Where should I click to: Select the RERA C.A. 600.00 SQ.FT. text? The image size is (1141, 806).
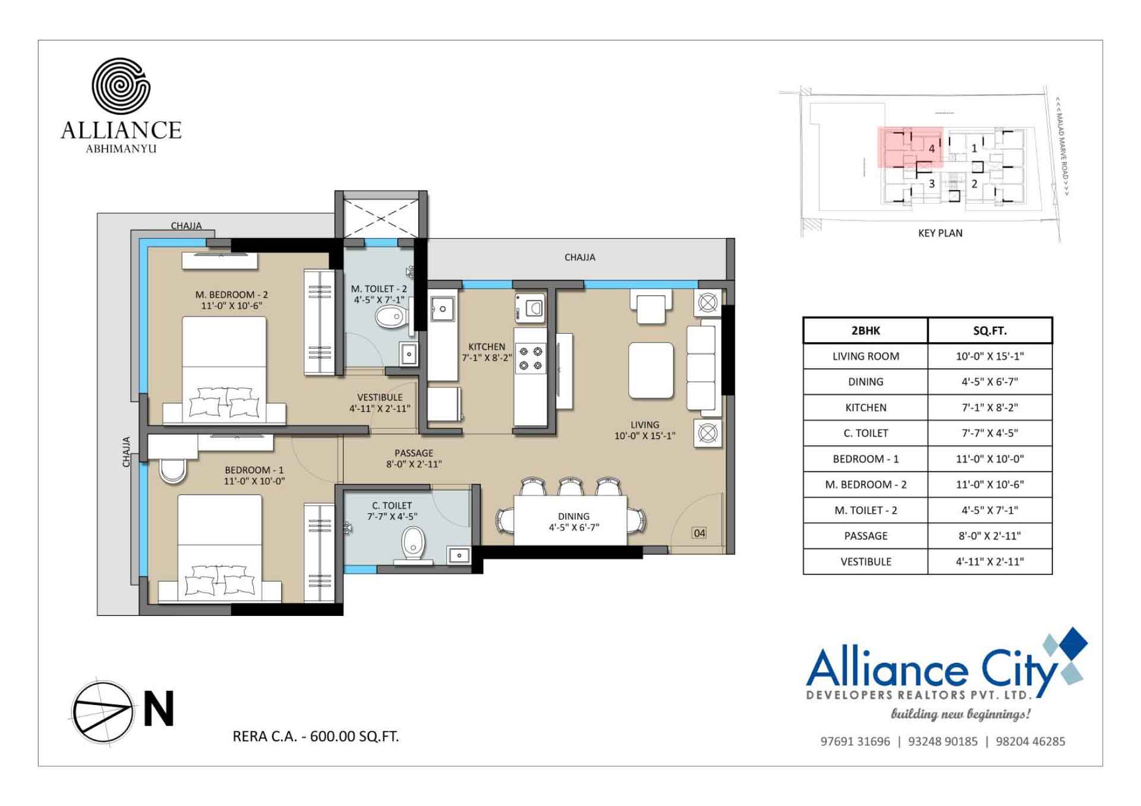click(316, 737)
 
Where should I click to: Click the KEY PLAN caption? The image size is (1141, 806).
click(940, 233)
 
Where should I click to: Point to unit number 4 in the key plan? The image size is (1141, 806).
click(932, 148)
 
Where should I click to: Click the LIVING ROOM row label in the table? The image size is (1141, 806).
click(865, 356)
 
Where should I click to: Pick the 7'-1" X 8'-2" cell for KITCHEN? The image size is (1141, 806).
click(989, 407)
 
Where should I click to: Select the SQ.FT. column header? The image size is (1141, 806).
click(989, 331)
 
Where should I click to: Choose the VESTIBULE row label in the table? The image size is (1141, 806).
click(865, 562)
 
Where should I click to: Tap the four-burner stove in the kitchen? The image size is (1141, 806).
click(530, 358)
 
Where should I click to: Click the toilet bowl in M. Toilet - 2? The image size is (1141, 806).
click(390, 317)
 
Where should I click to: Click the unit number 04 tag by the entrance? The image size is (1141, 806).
click(699, 533)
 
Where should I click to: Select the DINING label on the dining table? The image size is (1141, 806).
click(573, 517)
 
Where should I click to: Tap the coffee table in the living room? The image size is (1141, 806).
click(651, 370)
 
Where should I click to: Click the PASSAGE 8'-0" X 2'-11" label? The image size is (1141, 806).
click(414, 459)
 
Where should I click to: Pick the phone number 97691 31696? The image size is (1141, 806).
click(855, 741)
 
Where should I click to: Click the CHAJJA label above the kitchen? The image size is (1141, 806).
click(579, 257)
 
